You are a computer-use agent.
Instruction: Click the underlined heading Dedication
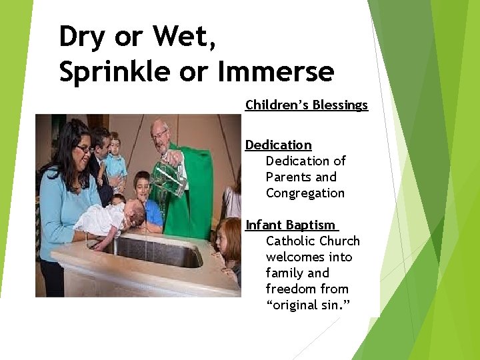(278, 145)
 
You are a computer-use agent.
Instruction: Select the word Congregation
(305, 193)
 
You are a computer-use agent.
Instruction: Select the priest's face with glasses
(160, 137)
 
